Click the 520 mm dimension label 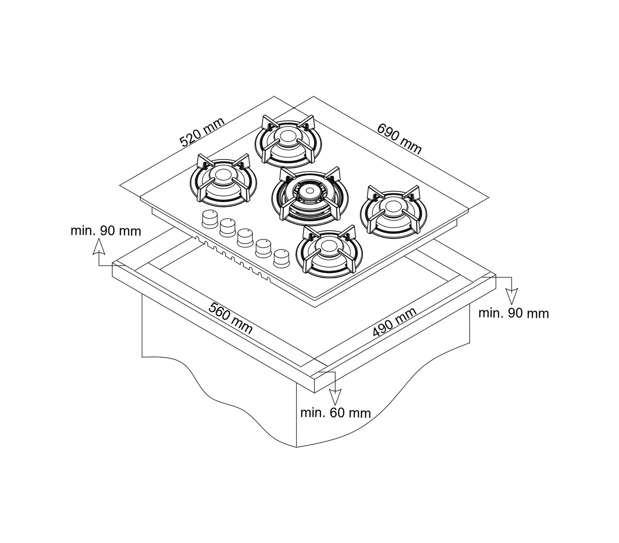202,132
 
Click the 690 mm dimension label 399,139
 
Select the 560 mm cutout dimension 231,318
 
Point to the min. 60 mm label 335,413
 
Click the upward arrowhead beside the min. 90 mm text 99,247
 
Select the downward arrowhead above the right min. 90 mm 511,296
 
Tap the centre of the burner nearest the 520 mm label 288,137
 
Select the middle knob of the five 245,237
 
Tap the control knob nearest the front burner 282,258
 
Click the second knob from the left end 228,228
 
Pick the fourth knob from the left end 264,248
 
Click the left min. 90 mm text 106,231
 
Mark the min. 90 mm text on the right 513,314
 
